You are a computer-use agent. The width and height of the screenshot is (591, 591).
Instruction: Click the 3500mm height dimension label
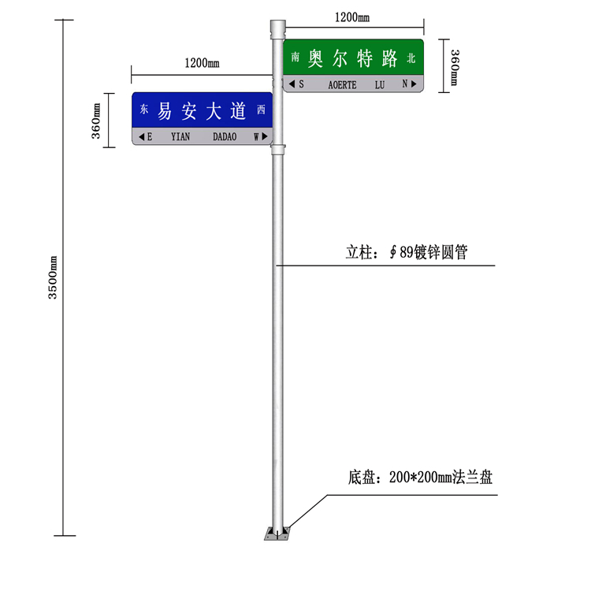[x=53, y=277]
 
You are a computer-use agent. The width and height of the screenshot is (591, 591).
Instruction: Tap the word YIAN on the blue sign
[x=180, y=136]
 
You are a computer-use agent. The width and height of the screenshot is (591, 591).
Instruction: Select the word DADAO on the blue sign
[x=225, y=136]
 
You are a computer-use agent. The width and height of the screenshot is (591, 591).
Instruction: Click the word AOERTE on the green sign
[x=342, y=85]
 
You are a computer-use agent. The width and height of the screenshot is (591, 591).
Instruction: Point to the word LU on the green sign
[x=380, y=85]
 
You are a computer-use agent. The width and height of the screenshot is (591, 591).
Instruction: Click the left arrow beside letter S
[x=292, y=84]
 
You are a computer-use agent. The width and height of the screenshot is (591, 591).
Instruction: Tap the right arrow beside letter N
[x=414, y=84]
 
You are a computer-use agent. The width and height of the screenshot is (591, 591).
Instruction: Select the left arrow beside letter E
[x=141, y=136]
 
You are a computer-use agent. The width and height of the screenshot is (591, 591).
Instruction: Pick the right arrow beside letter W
[x=265, y=136]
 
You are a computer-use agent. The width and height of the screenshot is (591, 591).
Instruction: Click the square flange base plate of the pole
[x=277, y=533]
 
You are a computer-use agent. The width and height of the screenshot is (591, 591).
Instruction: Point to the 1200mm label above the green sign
[x=352, y=17]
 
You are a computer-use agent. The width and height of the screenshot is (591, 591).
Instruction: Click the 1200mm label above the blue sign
[x=202, y=63]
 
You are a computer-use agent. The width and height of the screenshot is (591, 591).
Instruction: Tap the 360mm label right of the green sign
[x=455, y=68]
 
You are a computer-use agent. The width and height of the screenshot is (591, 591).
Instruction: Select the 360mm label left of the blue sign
[x=96, y=121]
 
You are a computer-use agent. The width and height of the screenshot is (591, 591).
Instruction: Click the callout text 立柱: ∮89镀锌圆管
[x=407, y=252]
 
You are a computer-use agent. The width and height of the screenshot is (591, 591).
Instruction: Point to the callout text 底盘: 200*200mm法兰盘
[x=420, y=478]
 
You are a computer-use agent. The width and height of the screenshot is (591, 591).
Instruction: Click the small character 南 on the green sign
[x=295, y=57]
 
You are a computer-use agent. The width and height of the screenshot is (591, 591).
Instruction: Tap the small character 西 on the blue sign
[x=261, y=110]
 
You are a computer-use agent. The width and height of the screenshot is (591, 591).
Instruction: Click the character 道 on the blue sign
[x=238, y=111]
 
